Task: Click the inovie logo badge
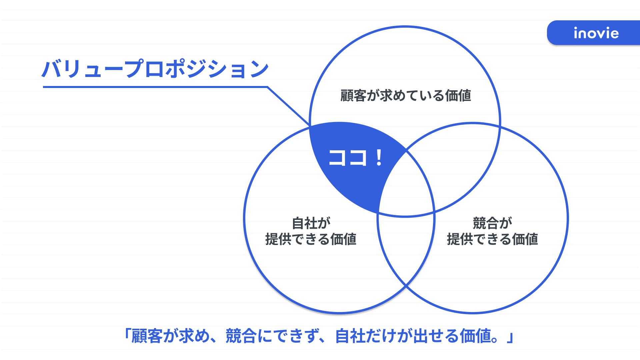tap(594, 33)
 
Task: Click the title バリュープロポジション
tap(155, 69)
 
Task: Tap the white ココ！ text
tap(355, 158)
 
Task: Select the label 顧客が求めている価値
tap(405, 96)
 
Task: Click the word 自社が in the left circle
tap(311, 223)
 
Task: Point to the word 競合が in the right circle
tap(492, 223)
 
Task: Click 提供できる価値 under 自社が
tap(311, 239)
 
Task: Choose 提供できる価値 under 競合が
tap(492, 239)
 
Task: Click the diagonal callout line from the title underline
tap(289, 106)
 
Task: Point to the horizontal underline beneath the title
tap(155, 87)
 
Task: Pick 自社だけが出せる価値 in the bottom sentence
tap(413, 336)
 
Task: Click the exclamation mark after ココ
tap(379, 158)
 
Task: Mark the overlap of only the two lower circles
tap(406, 250)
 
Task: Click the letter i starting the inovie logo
tap(576, 33)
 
